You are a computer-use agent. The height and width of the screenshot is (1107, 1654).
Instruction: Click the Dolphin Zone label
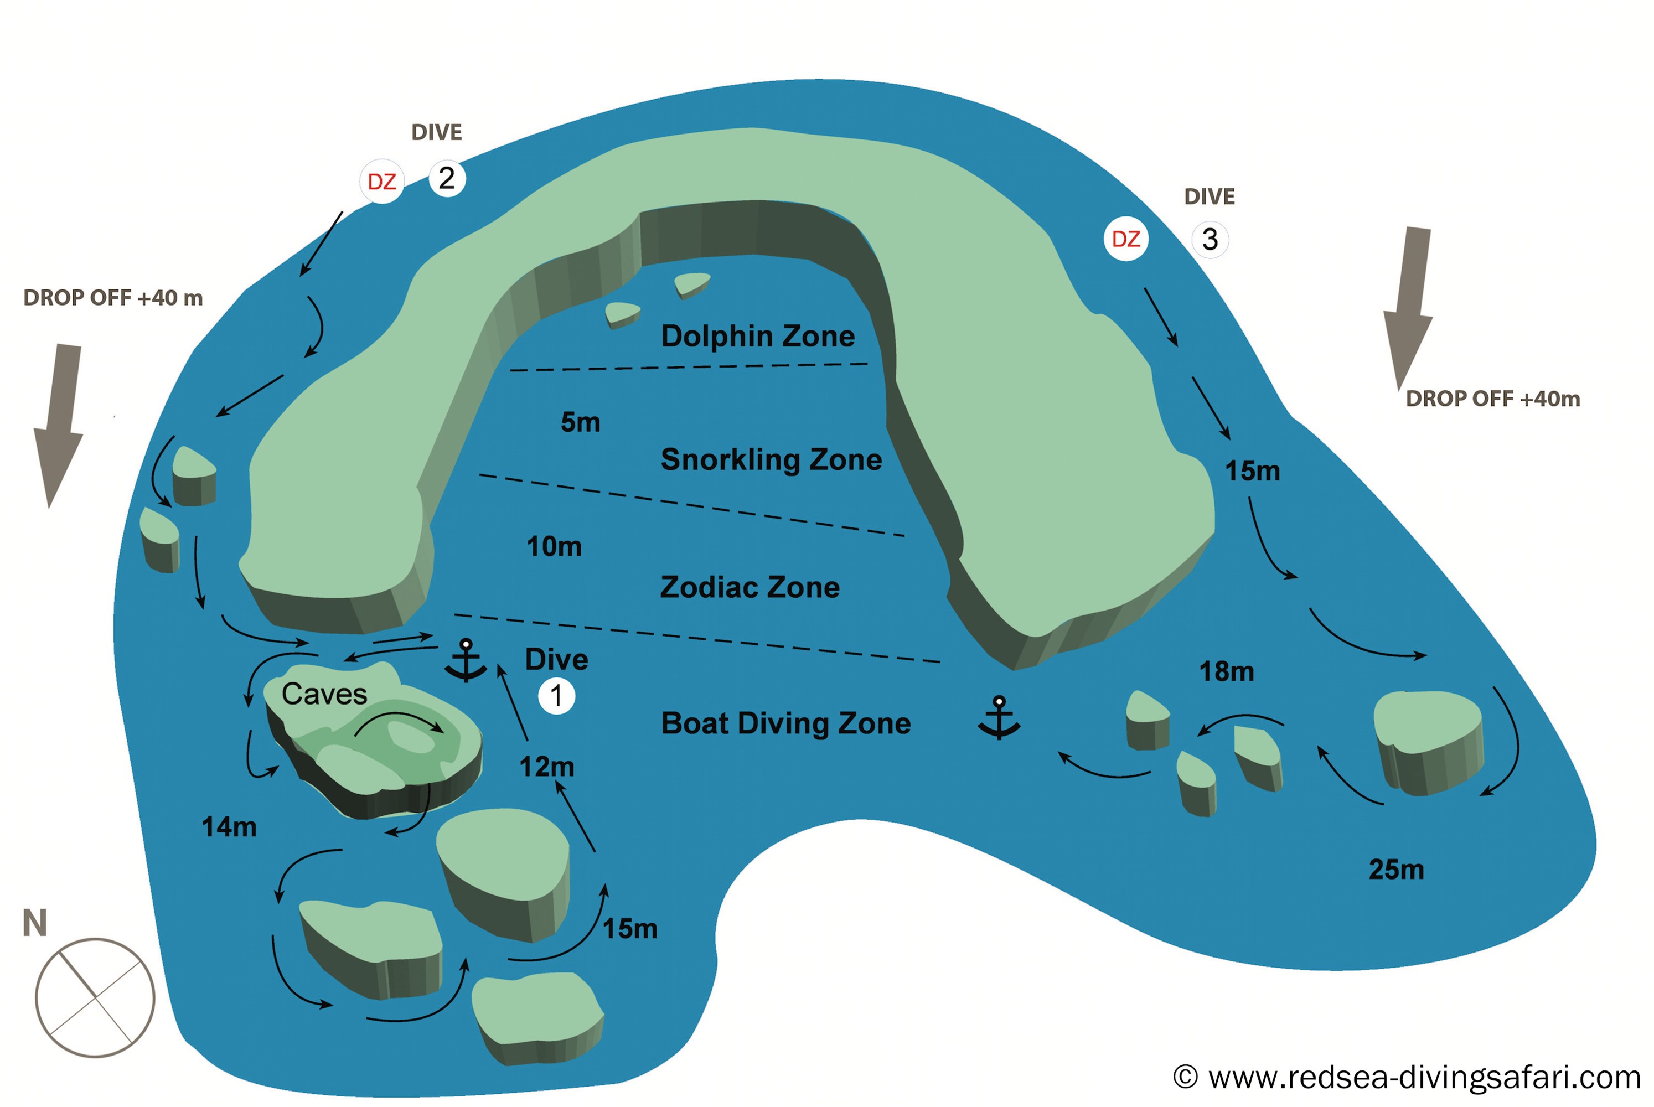(x=757, y=336)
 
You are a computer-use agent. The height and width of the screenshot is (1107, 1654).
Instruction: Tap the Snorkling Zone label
(x=771, y=459)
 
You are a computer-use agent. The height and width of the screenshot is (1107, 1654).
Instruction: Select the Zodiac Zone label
(x=750, y=587)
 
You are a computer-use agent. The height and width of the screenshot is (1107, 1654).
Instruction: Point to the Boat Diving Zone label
(x=785, y=723)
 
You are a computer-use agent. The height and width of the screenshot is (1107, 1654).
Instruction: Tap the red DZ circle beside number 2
(x=382, y=182)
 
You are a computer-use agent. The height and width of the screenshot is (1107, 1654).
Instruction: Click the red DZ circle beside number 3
(x=1125, y=239)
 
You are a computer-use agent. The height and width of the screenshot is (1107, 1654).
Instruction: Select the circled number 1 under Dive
(x=556, y=696)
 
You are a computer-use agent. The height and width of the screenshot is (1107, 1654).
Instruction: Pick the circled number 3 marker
(x=1210, y=239)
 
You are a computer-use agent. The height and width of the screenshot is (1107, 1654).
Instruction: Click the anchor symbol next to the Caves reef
(x=465, y=661)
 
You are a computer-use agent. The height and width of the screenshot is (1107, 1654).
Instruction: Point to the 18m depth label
(x=1227, y=672)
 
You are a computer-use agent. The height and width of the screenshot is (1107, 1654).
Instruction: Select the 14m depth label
(x=229, y=827)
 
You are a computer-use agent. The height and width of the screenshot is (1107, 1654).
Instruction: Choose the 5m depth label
(x=580, y=422)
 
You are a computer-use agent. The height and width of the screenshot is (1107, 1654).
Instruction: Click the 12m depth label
(x=546, y=767)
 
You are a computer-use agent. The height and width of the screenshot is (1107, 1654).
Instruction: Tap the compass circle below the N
(x=95, y=997)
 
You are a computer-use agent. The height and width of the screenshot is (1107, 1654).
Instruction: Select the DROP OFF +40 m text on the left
(x=113, y=298)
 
